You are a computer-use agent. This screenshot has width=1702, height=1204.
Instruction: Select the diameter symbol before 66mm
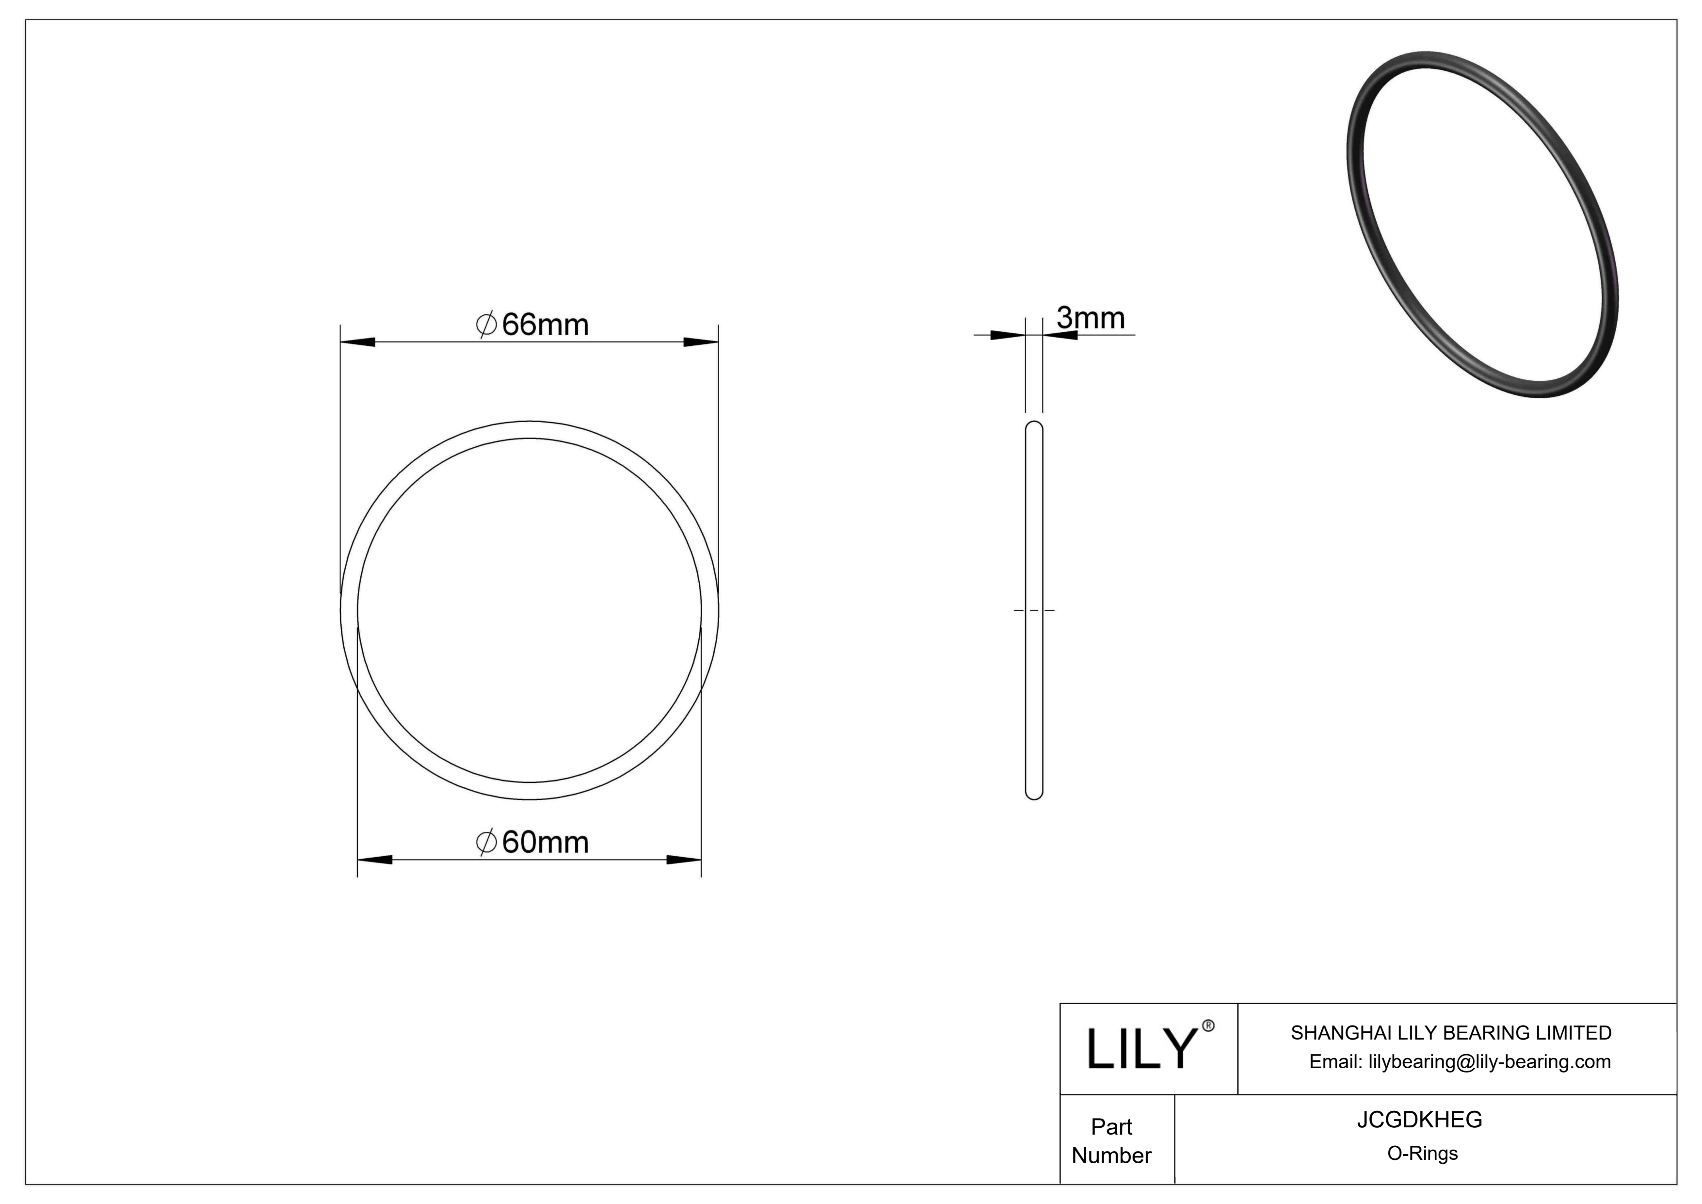(x=486, y=325)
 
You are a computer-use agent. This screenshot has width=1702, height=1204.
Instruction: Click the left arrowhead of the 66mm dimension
(x=357, y=342)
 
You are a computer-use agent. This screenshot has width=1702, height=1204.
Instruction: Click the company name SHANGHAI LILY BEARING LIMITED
(x=1451, y=1033)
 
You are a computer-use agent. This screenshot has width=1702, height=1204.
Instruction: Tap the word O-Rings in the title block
(x=1422, y=1154)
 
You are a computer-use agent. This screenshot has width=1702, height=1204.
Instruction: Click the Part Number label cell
(x=1111, y=1141)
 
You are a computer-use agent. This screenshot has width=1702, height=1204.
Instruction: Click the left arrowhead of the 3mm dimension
(x=1008, y=335)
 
